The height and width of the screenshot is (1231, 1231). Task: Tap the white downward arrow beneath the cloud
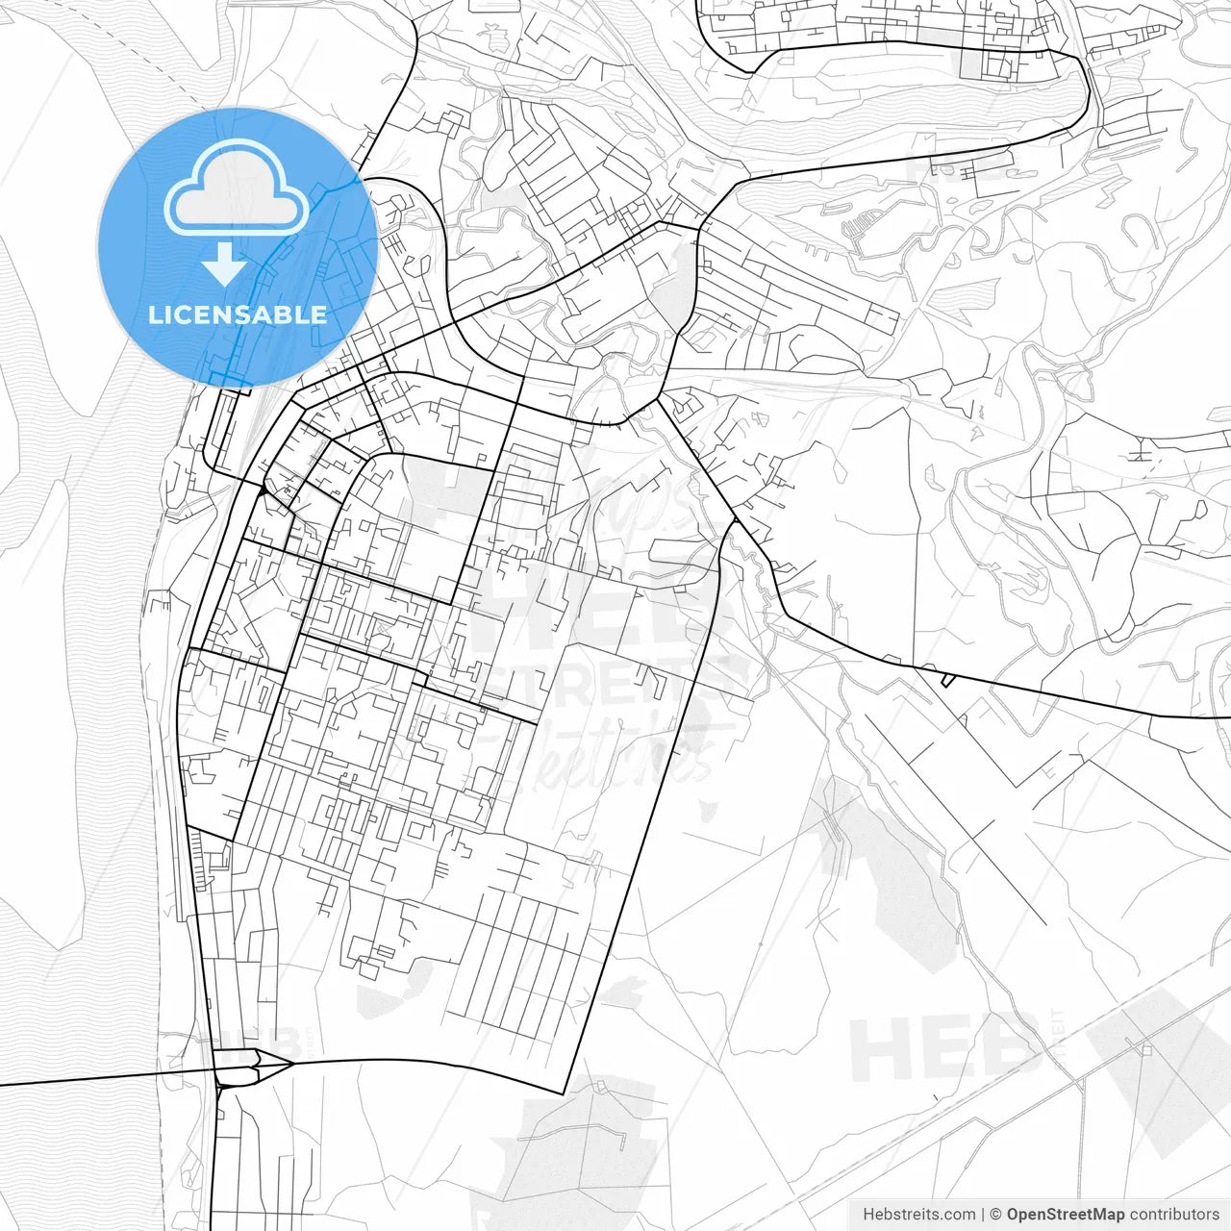[x=224, y=264]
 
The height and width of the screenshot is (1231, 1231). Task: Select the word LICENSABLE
[x=238, y=314]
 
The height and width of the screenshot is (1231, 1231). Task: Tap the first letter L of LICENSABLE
[x=155, y=314]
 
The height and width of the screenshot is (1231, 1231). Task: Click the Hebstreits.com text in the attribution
[x=918, y=1215]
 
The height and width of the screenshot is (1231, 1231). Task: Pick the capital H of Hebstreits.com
[x=868, y=1215]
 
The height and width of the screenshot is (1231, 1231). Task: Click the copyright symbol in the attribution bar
[x=996, y=1215]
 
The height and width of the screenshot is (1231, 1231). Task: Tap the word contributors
[x=1175, y=1215]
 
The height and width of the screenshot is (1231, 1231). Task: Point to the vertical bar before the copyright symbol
[x=983, y=1215]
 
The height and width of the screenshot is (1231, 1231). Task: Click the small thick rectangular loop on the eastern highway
[x=948, y=681]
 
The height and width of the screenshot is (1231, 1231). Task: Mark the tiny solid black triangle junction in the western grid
[x=261, y=492]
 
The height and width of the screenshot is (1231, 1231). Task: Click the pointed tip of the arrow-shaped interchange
[x=289, y=1064]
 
